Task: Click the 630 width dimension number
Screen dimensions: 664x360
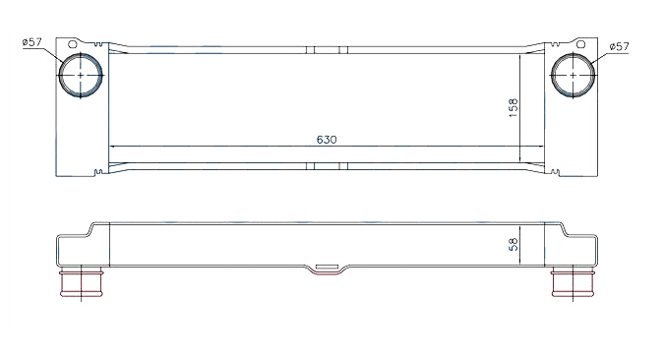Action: coord(327,140)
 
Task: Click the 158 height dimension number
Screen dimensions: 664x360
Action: coord(513,107)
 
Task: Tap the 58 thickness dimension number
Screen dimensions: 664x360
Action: coord(513,244)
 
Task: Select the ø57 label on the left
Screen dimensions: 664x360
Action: coord(32,42)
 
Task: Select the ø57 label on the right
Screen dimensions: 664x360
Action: coord(620,46)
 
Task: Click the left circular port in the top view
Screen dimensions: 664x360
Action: coord(81,76)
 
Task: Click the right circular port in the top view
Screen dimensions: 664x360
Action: coord(573,76)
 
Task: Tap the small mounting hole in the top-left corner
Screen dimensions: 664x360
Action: coord(73,44)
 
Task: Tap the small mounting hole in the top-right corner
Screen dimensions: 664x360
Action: coord(581,44)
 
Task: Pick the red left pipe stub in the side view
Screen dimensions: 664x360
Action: coord(81,283)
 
